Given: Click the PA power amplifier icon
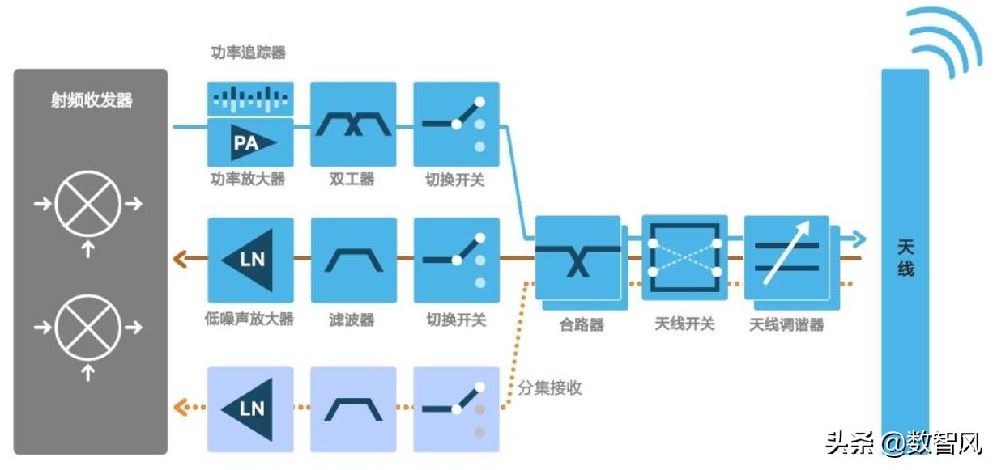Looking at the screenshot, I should point(250,142).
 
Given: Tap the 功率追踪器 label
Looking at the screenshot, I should point(248,53).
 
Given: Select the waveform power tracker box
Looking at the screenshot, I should point(250,100).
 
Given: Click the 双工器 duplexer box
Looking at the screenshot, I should point(353,124).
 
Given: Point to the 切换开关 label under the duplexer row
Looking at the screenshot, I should point(455,180).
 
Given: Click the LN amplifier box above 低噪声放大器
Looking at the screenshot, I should point(250,260).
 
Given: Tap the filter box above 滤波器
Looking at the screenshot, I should point(353,260).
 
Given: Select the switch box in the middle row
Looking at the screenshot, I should point(456,260).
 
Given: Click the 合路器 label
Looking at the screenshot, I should point(582,324).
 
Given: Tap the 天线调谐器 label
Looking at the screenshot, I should point(786,324).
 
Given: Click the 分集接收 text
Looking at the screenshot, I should point(550,387).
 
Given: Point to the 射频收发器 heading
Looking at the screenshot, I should point(92,101).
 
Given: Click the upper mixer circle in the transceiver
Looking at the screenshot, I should point(88,203).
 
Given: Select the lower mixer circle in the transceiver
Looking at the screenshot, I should point(88,328).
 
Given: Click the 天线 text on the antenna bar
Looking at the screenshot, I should point(905,256).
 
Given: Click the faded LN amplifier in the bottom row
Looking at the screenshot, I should point(250,409).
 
